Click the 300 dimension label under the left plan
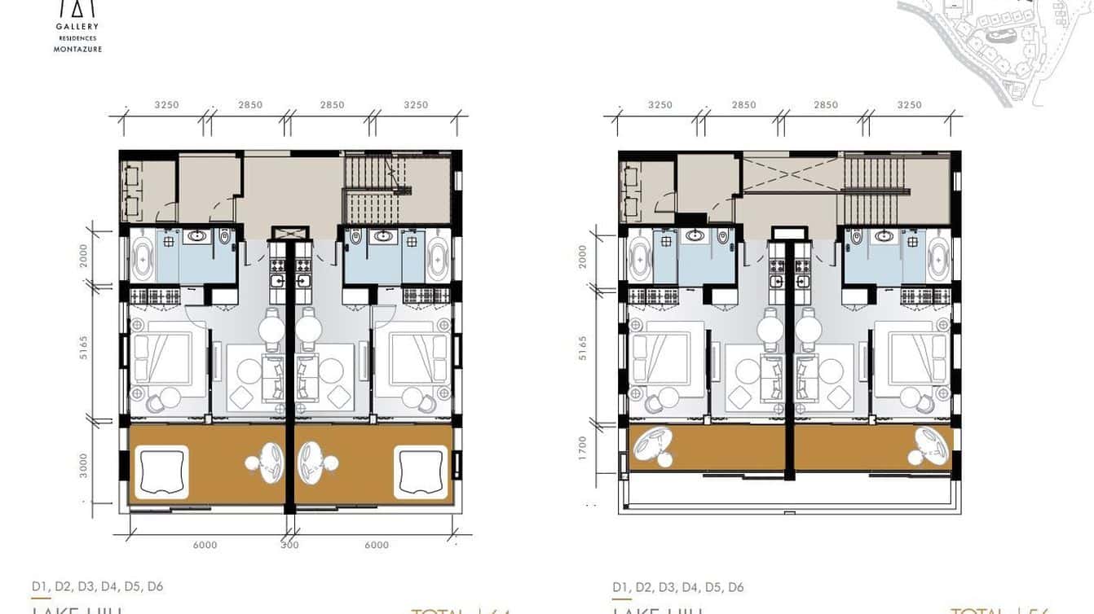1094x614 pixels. [x=289, y=546]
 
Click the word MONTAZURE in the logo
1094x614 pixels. [x=77, y=49]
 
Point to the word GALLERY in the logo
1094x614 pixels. [x=77, y=27]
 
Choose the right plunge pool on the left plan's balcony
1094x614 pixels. [x=421, y=471]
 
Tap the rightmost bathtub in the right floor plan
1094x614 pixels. [x=937, y=259]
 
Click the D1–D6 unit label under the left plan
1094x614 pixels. [x=98, y=586]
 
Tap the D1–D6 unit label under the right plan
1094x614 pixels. [x=678, y=587]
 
